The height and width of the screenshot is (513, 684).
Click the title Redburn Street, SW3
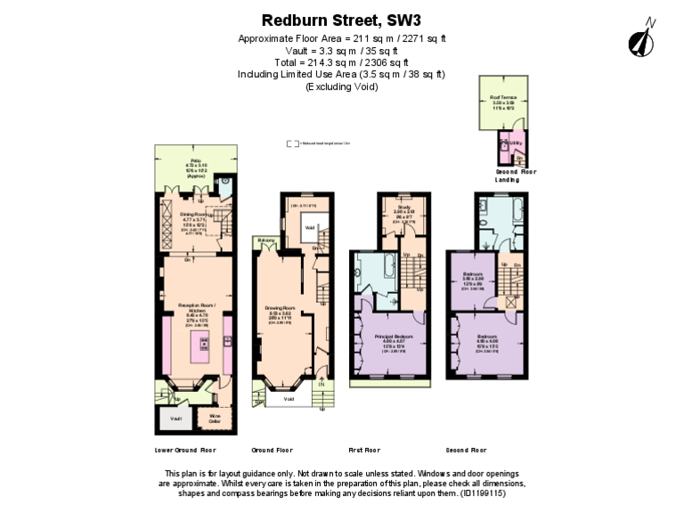tap(341, 19)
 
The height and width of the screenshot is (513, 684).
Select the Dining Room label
tap(194, 215)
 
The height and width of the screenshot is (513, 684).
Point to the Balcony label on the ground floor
tap(265, 240)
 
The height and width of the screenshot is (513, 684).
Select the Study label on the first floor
tap(403, 208)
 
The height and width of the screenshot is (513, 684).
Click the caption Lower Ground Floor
tap(185, 451)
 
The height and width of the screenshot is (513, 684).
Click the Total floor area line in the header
tap(341, 62)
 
